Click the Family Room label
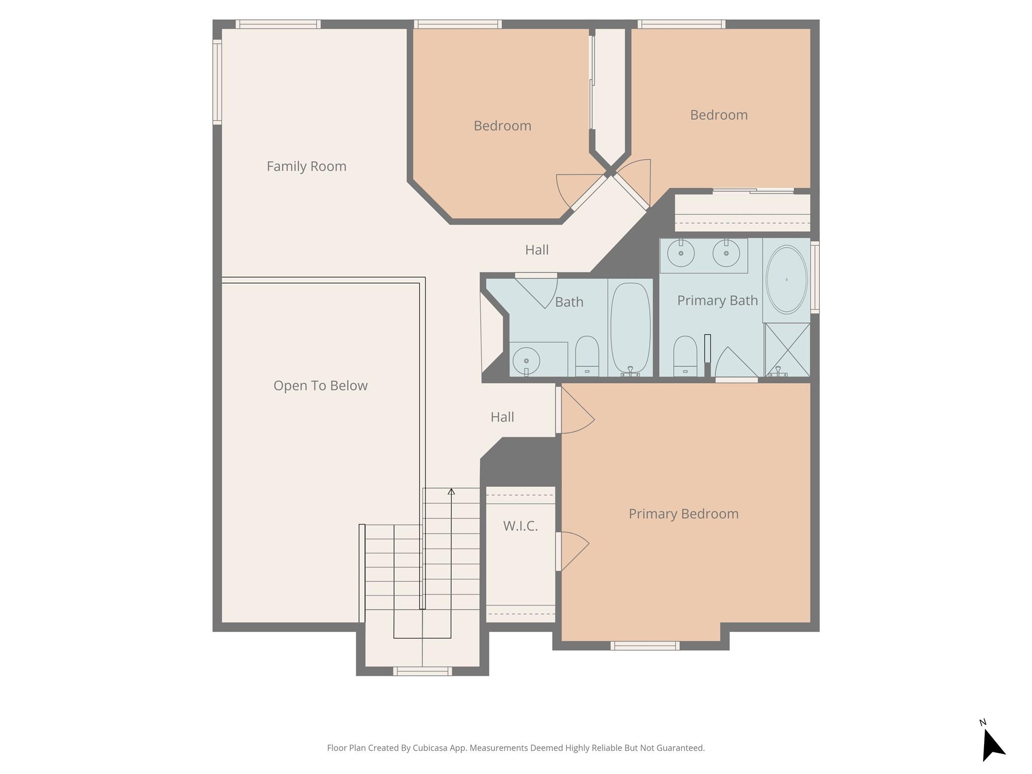click(x=306, y=166)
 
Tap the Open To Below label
click(x=320, y=385)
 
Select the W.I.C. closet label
click(x=520, y=526)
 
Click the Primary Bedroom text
click(x=683, y=514)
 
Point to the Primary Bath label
click(x=717, y=301)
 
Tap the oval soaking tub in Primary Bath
click(x=786, y=280)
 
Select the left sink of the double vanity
click(x=681, y=253)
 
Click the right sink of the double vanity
click(x=726, y=253)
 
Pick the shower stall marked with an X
click(x=787, y=350)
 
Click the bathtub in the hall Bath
click(x=630, y=328)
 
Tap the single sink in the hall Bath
click(x=526, y=361)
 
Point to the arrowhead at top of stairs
click(x=451, y=492)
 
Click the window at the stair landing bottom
click(x=422, y=671)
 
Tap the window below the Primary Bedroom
click(x=644, y=646)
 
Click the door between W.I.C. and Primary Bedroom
click(x=559, y=551)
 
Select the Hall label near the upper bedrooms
click(x=537, y=250)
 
